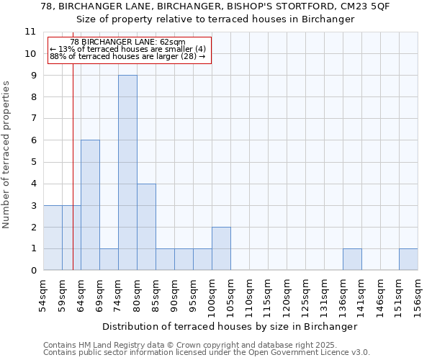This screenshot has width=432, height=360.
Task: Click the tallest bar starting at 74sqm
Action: (127, 173)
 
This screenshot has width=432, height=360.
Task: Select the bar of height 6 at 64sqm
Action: (90, 205)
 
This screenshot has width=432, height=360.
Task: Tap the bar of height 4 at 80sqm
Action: (146, 227)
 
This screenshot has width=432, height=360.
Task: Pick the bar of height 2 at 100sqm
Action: (221, 248)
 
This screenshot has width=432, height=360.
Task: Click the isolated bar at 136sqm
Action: (352, 259)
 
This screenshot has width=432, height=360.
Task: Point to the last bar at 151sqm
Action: (408, 259)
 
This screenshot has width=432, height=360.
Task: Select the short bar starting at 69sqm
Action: (109, 259)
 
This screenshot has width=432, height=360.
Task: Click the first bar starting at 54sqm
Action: (53, 238)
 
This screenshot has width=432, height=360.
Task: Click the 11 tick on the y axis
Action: (30, 32)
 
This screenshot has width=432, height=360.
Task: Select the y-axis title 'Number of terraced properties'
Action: (7, 155)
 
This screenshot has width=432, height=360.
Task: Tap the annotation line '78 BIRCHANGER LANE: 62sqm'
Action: (129, 42)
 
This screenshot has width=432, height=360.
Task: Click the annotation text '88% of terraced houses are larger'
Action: (127, 56)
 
